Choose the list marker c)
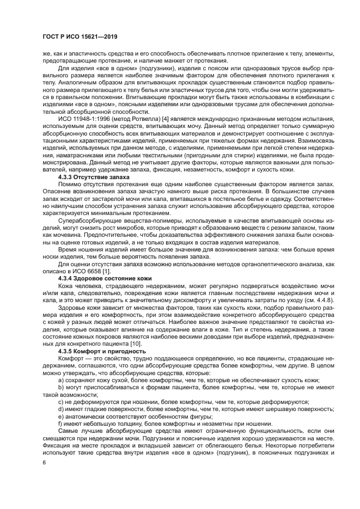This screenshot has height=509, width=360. (x=60, y=401)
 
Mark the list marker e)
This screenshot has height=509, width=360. (x=60, y=416)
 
